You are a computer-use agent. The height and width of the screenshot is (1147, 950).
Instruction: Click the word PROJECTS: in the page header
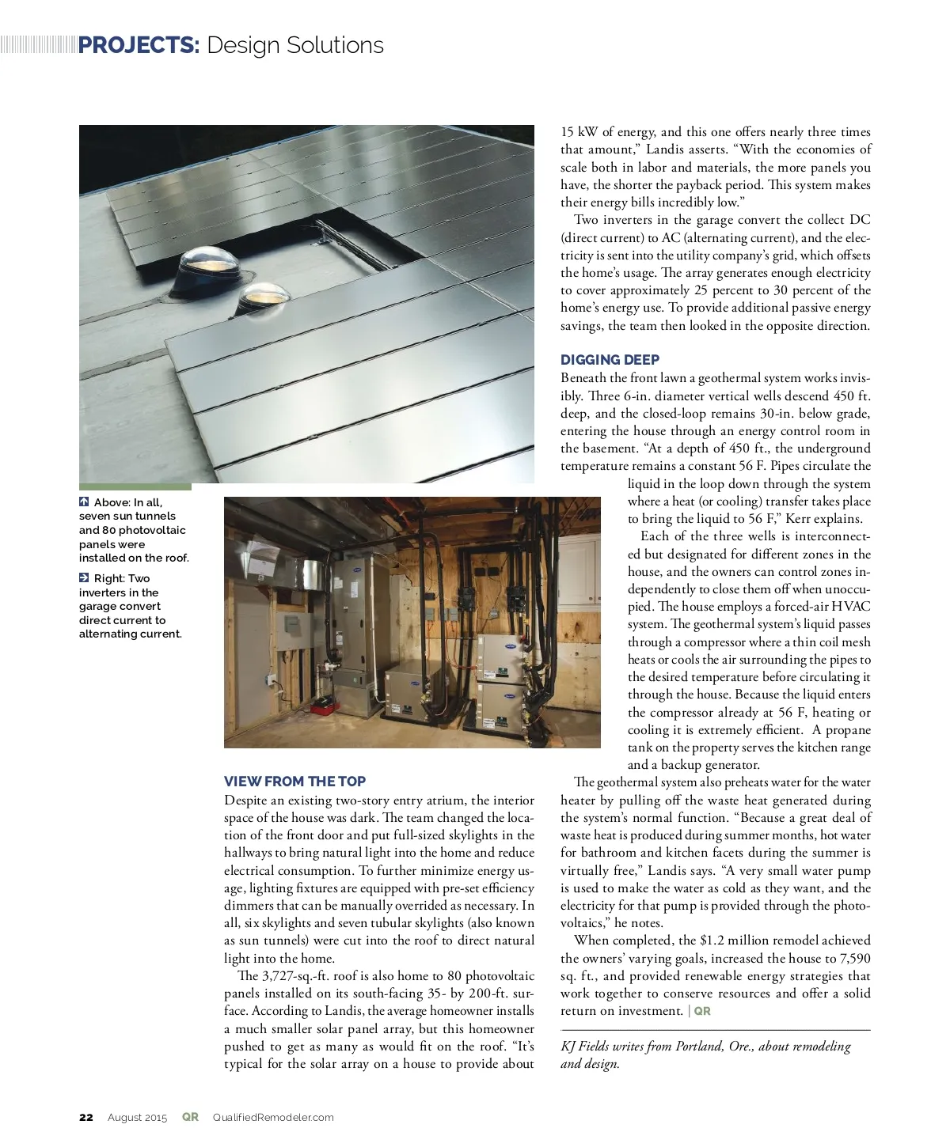(x=139, y=45)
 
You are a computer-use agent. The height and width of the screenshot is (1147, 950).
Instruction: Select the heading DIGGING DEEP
(x=610, y=360)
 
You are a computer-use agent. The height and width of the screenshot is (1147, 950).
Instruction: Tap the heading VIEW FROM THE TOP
(x=294, y=782)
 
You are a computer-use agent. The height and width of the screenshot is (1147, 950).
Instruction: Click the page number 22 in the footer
(x=86, y=1118)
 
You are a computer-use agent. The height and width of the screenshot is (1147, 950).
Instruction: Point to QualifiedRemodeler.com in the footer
(x=273, y=1118)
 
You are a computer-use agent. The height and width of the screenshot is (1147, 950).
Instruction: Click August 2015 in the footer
(x=138, y=1118)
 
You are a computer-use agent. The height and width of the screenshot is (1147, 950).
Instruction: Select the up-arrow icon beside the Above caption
(x=84, y=502)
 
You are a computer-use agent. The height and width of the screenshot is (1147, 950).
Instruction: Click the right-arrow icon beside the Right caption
(x=84, y=578)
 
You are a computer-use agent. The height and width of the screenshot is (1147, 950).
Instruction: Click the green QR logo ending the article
(x=702, y=1011)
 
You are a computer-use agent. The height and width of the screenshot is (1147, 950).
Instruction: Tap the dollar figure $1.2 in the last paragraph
(x=712, y=941)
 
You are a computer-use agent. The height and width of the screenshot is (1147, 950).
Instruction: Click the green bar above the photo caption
(x=135, y=486)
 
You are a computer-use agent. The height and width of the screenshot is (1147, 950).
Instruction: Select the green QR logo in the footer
(x=190, y=1117)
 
